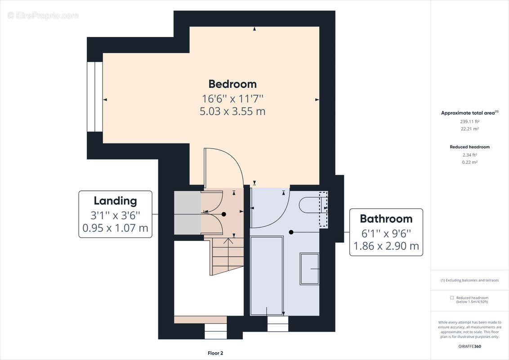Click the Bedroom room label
coord(232,84)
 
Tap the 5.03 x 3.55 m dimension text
coord(232,111)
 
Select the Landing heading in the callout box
coord(115,201)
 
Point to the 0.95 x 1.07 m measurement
coord(115,228)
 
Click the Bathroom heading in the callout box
coord(386,219)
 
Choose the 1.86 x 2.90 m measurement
coord(386,246)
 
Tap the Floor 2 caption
coord(215,353)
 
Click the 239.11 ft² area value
coord(470,121)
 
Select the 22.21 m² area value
coord(470,129)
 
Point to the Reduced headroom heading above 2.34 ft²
coord(470,147)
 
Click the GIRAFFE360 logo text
coord(470,346)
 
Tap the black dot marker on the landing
coord(223,215)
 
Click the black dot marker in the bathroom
coord(291,232)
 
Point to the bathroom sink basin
coord(310,269)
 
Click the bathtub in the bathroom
coord(267,276)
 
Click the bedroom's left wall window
coord(95,97)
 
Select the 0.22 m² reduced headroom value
coord(470,162)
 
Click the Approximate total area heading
coord(469,113)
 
